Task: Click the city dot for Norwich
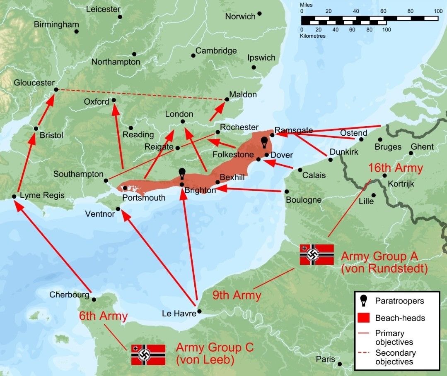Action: (x=259, y=14)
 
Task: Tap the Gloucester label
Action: (x=34, y=83)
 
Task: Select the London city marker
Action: (x=183, y=121)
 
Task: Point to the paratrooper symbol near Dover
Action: (x=263, y=142)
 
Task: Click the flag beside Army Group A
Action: (x=317, y=254)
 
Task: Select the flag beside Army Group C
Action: (x=148, y=354)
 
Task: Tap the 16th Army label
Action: (x=395, y=168)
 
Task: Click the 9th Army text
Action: (x=237, y=295)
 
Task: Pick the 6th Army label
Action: (x=103, y=316)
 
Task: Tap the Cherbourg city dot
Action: (x=94, y=299)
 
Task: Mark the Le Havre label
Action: (x=179, y=314)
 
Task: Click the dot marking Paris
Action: (x=340, y=364)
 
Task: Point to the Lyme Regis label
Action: (x=42, y=195)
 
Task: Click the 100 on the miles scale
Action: (x=437, y=11)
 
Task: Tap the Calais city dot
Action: (x=300, y=170)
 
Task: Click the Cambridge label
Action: (x=216, y=51)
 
